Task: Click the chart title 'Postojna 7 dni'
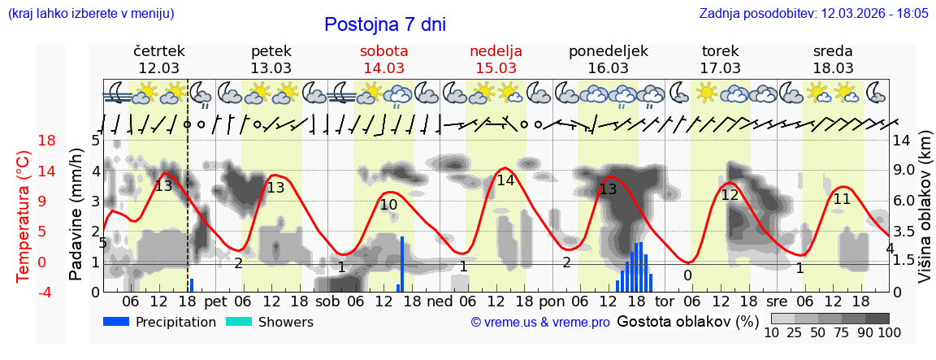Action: pyautogui.click(x=384, y=24)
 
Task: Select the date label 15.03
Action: pyautogui.click(x=496, y=67)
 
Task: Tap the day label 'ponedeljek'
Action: pyautogui.click(x=609, y=51)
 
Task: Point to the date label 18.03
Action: pyautogui.click(x=833, y=67)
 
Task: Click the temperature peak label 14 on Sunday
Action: pyautogui.click(x=505, y=180)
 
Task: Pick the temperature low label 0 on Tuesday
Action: pyautogui.click(x=687, y=275)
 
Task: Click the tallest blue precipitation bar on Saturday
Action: pyautogui.click(x=402, y=263)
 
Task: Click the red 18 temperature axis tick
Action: pyautogui.click(x=24, y=141)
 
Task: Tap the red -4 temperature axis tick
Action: pyautogui.click(x=24, y=292)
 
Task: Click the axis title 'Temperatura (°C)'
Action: pyautogui.click(x=23, y=216)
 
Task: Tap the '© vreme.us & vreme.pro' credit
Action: pyautogui.click(x=540, y=322)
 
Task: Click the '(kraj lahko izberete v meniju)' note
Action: pyautogui.click(x=90, y=14)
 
